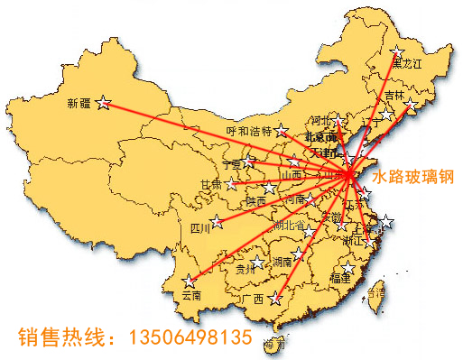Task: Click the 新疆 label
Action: [x=79, y=103]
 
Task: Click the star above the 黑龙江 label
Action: [x=397, y=51]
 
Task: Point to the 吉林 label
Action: [x=394, y=95]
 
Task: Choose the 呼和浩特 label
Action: [x=248, y=131]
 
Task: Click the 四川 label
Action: [x=200, y=229]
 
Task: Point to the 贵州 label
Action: [x=245, y=268]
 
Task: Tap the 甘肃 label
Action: [x=210, y=184]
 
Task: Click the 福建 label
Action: [x=340, y=279]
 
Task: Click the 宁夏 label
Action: [x=233, y=164]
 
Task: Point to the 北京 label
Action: [x=320, y=137]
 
